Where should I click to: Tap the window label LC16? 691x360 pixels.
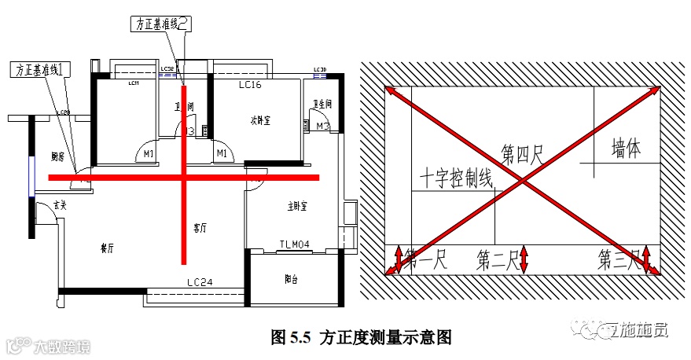(x=250, y=83)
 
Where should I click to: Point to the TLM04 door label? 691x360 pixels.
(x=296, y=244)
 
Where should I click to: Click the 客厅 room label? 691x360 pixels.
(x=200, y=228)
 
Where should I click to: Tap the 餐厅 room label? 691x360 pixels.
(x=108, y=248)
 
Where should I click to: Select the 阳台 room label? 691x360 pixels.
(x=291, y=279)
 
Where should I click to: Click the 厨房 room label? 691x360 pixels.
(x=57, y=156)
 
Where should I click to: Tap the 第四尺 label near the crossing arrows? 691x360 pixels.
(x=523, y=152)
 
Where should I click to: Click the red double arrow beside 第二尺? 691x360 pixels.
(x=524, y=259)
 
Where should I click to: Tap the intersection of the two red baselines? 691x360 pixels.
(x=184, y=178)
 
